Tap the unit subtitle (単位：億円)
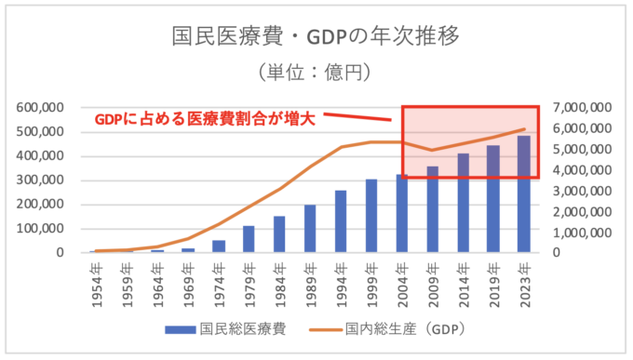[316, 72]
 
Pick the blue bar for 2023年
[524, 194]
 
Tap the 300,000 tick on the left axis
[39, 180]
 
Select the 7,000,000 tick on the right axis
[583, 107]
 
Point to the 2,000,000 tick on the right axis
[583, 211]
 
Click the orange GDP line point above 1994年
[341, 147]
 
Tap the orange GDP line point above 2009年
[433, 151]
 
